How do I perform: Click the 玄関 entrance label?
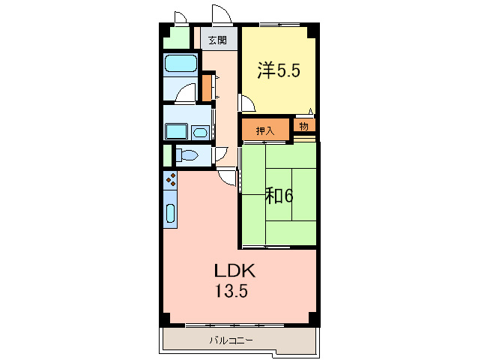point(218,40)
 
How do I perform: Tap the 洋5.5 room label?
point(279,70)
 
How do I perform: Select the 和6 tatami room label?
point(279,196)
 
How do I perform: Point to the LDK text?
point(235,271)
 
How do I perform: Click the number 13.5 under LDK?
point(232,291)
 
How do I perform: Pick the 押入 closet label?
point(265,131)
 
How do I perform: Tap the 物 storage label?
point(303,126)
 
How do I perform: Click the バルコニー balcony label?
point(231,340)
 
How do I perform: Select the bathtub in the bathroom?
point(181,64)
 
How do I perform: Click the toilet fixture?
point(187,155)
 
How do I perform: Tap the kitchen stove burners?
point(171,180)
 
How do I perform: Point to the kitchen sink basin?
point(170,213)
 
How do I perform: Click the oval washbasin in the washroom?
point(201,133)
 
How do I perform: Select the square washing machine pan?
point(176,131)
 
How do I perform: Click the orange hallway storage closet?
point(207,87)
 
